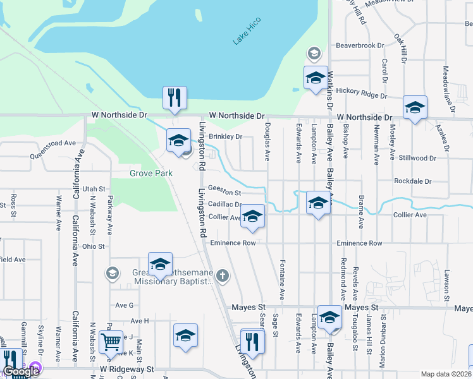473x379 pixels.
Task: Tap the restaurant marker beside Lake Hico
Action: tap(175, 97)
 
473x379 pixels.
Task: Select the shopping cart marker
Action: tap(111, 342)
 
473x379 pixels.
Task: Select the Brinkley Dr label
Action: tap(226, 136)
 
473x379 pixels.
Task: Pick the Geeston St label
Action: tap(225, 192)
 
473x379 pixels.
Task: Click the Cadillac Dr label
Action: tap(224, 205)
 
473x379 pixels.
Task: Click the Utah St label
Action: tap(93, 189)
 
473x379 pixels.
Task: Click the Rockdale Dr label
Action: tap(412, 181)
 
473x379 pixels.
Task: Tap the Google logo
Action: tap(21, 371)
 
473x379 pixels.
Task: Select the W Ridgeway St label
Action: tap(126, 368)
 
